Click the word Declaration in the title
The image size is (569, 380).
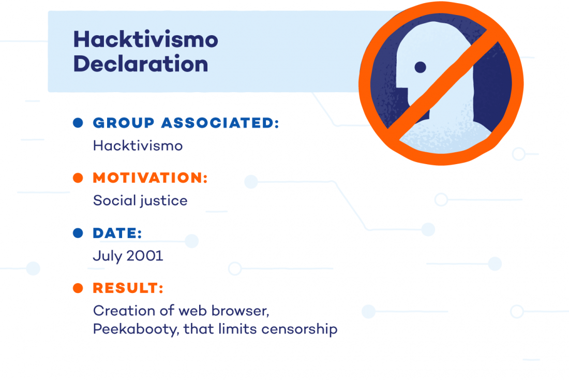(141, 64)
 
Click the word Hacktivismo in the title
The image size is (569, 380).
(145, 40)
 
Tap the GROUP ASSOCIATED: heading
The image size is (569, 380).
(186, 123)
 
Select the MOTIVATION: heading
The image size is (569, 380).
(150, 178)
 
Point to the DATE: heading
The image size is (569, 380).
(117, 233)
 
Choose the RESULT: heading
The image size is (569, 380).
(128, 288)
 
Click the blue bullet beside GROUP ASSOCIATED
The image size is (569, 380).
(78, 123)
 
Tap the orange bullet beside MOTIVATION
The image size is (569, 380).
(78, 178)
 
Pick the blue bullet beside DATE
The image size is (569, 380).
(78, 233)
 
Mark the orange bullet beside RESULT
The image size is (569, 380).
(78, 288)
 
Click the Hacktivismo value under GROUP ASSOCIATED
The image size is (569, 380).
(138, 146)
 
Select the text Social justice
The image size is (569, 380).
(140, 201)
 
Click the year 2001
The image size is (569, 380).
(145, 256)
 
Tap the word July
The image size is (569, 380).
(108, 256)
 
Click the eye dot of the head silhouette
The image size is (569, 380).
(420, 67)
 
